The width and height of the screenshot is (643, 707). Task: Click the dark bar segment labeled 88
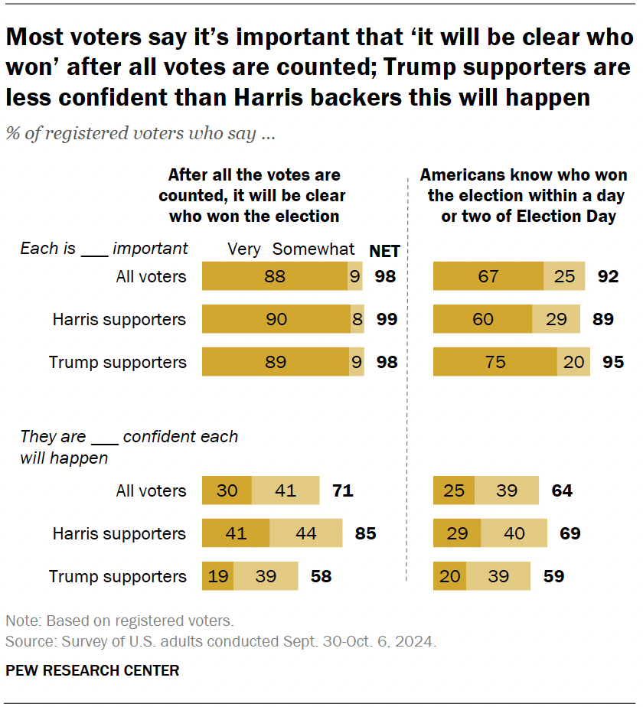coord(274,276)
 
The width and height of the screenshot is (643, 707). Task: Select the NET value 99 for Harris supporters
coord(387,319)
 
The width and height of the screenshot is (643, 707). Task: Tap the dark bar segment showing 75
coord(494,362)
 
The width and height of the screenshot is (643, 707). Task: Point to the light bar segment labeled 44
coord(306,533)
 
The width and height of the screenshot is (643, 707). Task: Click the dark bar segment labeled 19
coord(217,576)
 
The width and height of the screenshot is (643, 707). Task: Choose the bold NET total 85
coord(365,533)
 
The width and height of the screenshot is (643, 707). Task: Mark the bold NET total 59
coord(553,576)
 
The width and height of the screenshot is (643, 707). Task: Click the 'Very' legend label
coord(244,249)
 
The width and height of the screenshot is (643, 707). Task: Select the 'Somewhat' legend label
coord(314,249)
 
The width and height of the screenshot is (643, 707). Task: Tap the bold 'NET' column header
coord(385,251)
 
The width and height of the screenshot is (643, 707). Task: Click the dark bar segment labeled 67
coord(488,276)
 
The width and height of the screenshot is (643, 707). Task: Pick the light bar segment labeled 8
coord(357,319)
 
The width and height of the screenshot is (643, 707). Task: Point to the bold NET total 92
coord(608,276)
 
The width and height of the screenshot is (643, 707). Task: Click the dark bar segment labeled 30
coord(227,490)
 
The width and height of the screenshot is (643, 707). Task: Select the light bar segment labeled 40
coord(514,533)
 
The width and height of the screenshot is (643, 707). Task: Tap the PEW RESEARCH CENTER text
coord(92,671)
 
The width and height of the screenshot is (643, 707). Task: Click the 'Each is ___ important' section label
coord(104,249)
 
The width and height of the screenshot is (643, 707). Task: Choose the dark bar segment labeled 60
coord(482,319)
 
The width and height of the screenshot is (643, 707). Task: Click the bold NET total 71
coord(341,490)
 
